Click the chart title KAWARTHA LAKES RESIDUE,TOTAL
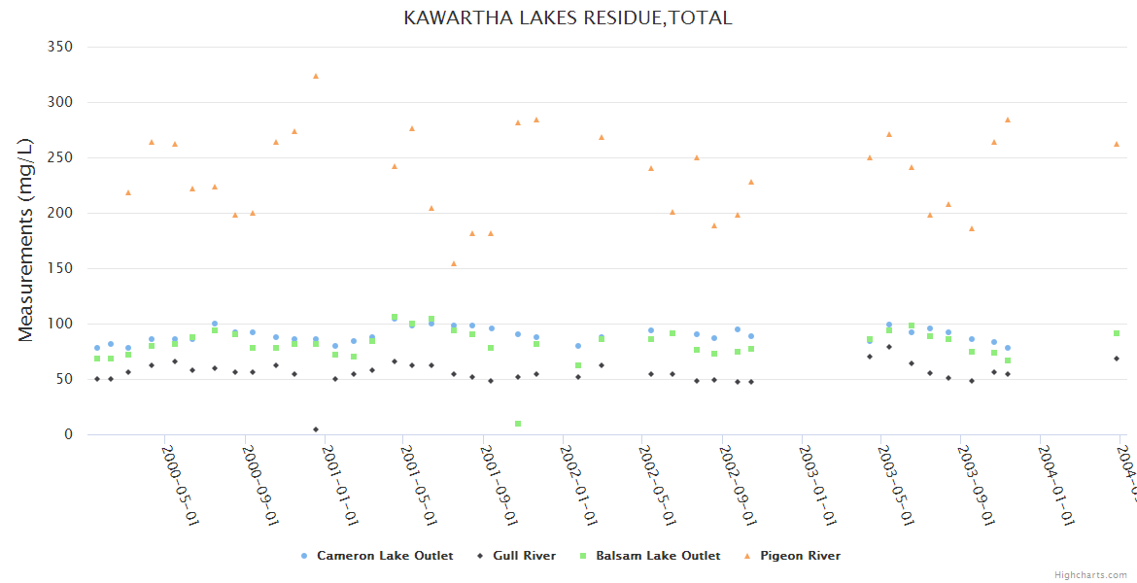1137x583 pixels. [x=568, y=17]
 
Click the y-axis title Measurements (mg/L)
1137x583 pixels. [x=26, y=240]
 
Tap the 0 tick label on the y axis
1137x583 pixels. [x=68, y=434]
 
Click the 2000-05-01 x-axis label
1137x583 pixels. [x=180, y=486]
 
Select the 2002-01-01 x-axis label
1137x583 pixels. [x=578, y=486]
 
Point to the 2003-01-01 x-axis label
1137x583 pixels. [x=816, y=486]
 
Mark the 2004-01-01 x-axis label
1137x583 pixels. [x=1054, y=486]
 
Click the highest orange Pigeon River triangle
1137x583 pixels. [x=316, y=76]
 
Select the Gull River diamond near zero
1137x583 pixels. [x=316, y=429]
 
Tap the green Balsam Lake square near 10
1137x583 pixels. [x=518, y=424]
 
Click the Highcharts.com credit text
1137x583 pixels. [x=1090, y=575]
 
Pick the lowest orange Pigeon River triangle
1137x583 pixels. [x=454, y=263]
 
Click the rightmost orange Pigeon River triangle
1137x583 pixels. [x=1117, y=144]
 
